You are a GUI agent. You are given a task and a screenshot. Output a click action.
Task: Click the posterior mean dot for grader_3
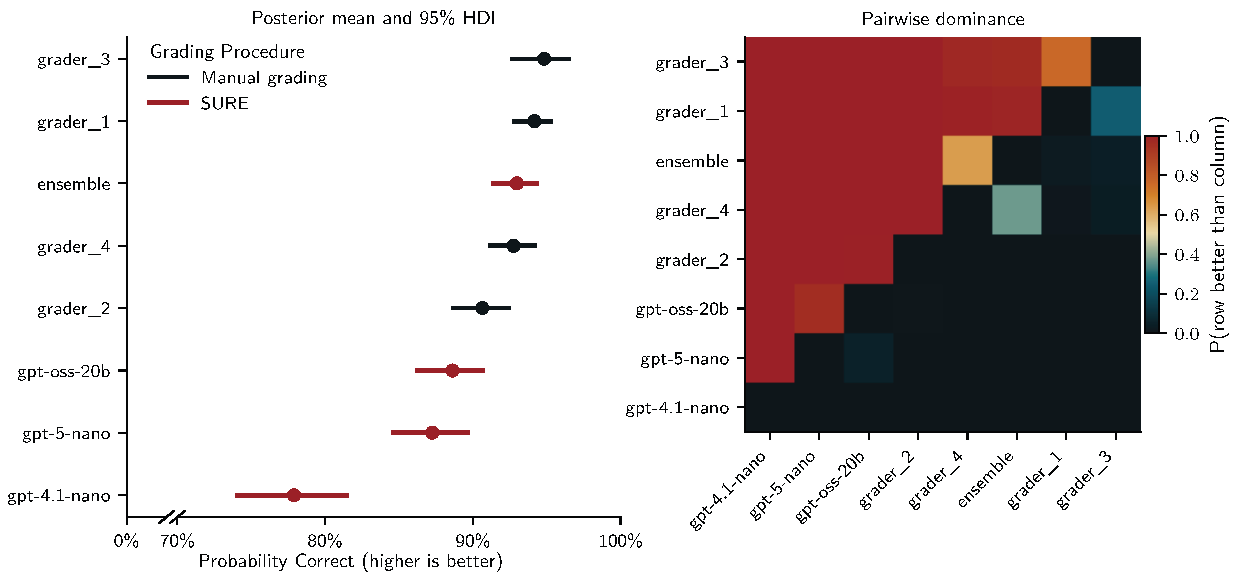pyautogui.click(x=544, y=59)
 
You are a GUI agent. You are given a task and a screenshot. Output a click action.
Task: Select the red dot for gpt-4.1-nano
pyautogui.click(x=294, y=495)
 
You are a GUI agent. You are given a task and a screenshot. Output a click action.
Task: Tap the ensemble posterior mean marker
pyautogui.click(x=516, y=183)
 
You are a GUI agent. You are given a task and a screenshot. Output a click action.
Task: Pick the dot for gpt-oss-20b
pyautogui.click(x=452, y=370)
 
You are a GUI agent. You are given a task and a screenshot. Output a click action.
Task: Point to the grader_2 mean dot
pyautogui.click(x=482, y=308)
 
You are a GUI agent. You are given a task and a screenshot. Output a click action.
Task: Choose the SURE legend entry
pyautogui.click(x=224, y=103)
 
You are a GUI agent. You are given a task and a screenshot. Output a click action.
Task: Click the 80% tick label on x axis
pyautogui.click(x=324, y=541)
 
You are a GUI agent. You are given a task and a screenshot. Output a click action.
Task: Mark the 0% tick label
pyautogui.click(x=126, y=541)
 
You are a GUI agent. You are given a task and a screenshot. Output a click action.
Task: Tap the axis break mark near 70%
pyautogui.click(x=171, y=518)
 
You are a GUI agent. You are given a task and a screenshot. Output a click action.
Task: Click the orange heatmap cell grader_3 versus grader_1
pyautogui.click(x=1066, y=62)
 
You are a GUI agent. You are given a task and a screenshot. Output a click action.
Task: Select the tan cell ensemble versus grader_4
pyautogui.click(x=967, y=161)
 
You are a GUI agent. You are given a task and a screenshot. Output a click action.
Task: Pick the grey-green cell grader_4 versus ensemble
pyautogui.click(x=1016, y=210)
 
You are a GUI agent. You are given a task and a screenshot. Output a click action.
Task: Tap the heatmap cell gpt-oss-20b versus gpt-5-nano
pyautogui.click(x=819, y=308)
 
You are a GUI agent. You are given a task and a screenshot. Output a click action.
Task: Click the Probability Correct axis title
pyautogui.click(x=350, y=561)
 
